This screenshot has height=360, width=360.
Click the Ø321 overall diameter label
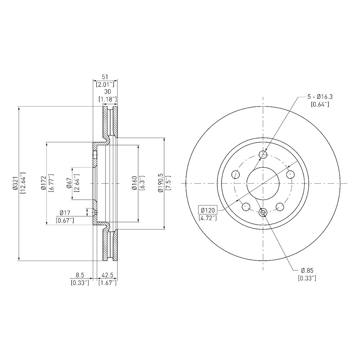(x=15, y=184)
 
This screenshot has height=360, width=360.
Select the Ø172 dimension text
(x=44, y=184)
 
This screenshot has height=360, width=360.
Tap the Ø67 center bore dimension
(x=69, y=184)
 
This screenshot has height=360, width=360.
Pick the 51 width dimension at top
(x=105, y=77)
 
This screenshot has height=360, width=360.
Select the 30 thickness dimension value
(x=107, y=91)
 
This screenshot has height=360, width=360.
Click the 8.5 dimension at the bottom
(x=80, y=275)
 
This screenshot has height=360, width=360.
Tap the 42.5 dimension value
(x=107, y=275)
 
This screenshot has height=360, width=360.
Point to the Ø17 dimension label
(x=65, y=213)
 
